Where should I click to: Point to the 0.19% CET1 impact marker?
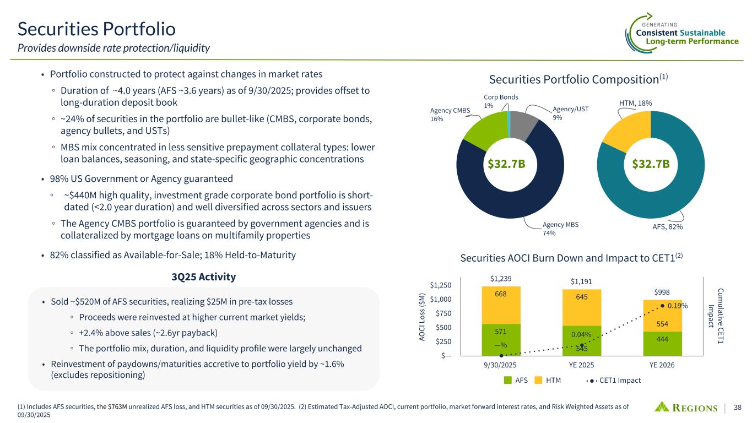(x=663, y=306)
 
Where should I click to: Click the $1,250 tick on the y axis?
(x=441, y=285)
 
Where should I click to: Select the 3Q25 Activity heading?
(x=203, y=276)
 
